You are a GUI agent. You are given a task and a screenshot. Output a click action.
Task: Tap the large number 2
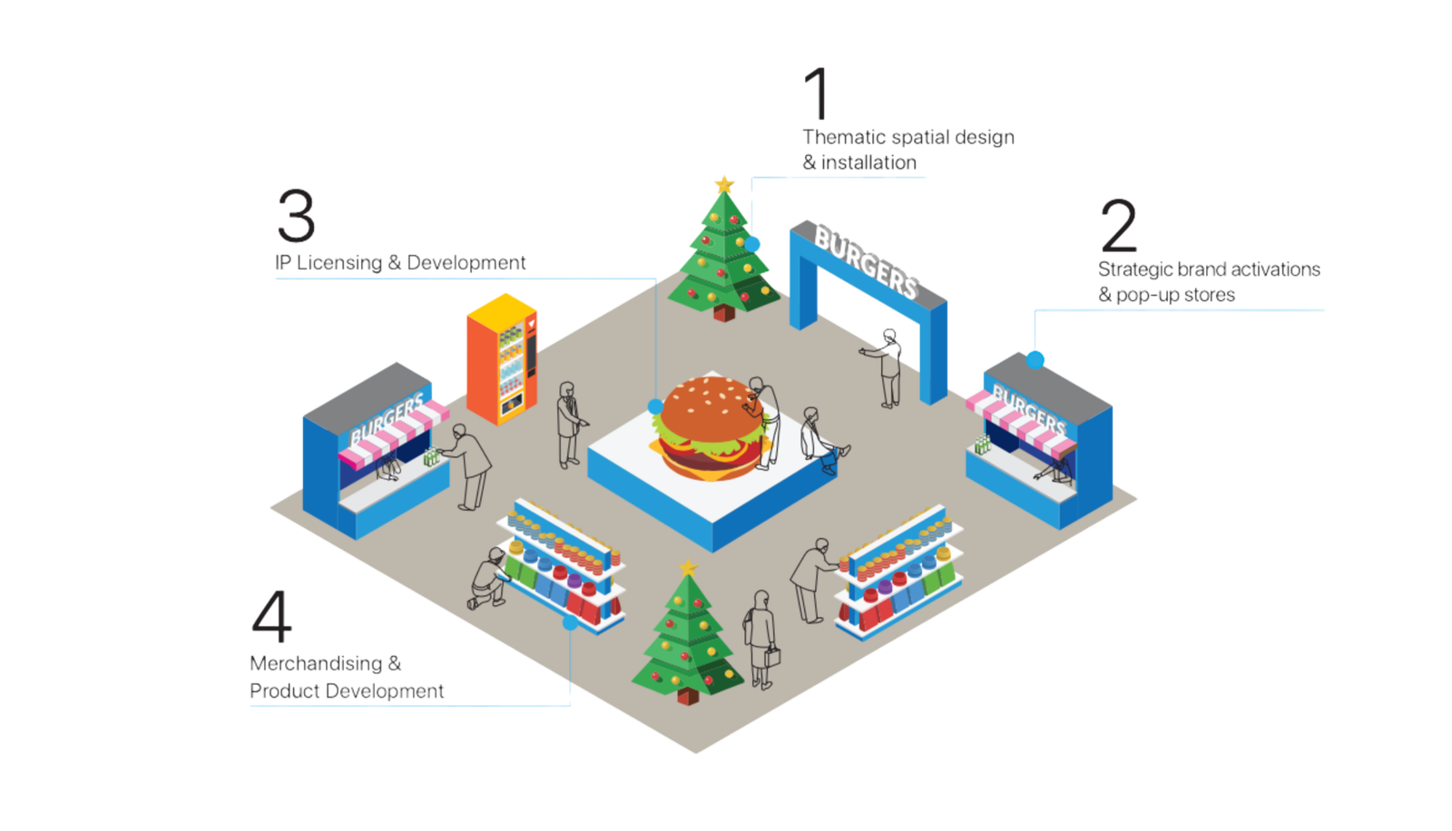click(x=1118, y=226)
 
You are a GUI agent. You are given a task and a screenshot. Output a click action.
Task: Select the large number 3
click(x=297, y=216)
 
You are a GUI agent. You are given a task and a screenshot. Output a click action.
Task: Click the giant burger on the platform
click(x=708, y=428)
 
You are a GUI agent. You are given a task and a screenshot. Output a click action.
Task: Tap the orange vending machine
click(x=502, y=359)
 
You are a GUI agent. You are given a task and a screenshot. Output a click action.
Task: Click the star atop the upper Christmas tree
click(x=724, y=184)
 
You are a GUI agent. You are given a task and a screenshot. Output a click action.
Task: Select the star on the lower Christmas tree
click(x=688, y=569)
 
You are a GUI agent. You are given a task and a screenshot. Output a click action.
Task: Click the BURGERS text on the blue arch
click(x=866, y=262)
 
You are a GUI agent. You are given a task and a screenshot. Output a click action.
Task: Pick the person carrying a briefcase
click(x=760, y=640)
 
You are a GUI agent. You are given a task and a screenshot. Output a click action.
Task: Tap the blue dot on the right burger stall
click(x=1035, y=360)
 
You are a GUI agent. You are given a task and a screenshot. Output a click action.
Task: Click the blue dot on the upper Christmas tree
click(x=752, y=243)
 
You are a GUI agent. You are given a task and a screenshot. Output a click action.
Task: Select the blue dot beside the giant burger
click(x=655, y=406)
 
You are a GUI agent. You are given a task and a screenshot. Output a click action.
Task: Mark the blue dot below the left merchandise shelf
click(x=570, y=622)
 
